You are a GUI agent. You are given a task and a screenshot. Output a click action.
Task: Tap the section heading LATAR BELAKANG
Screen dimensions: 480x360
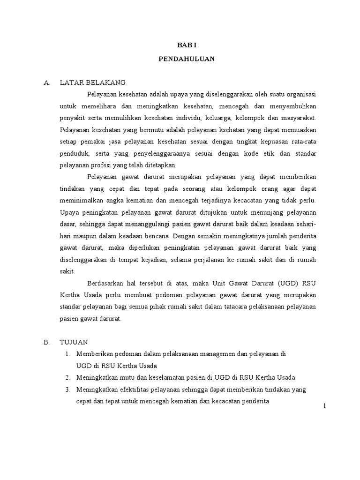point(93,82)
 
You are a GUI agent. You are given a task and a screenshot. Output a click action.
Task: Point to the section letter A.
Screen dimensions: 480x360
point(46,82)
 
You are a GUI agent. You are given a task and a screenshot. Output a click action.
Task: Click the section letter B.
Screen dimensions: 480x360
point(46,343)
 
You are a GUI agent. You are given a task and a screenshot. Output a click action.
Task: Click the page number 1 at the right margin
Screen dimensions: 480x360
point(324,406)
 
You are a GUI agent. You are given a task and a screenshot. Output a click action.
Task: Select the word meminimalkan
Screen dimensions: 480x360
point(80,201)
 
